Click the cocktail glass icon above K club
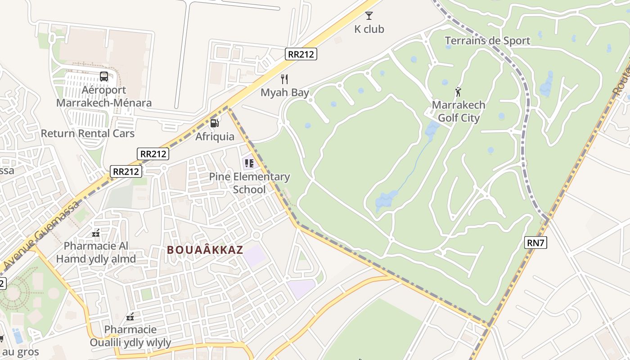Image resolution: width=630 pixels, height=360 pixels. point(369,16)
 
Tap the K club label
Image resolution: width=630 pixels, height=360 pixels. point(369,29)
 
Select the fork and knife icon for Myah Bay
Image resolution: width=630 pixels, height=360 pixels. point(284,79)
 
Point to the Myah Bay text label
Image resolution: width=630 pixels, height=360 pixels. point(285,93)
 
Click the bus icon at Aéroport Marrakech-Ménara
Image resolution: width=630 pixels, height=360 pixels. point(104,76)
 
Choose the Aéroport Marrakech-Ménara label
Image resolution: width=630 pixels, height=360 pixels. point(104,96)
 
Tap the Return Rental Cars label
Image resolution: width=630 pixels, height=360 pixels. point(88,133)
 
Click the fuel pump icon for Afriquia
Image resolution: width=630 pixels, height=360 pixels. point(215,123)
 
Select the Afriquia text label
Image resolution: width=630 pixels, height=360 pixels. point(215,136)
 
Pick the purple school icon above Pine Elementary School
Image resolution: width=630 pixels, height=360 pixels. point(249,162)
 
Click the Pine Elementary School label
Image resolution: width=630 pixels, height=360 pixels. point(249,183)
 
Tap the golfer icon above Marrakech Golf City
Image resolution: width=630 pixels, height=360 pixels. point(459,92)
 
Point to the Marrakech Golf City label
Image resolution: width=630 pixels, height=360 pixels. point(459,112)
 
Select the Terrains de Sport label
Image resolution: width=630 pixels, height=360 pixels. point(487,41)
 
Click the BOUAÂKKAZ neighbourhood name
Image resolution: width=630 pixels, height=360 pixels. point(205,250)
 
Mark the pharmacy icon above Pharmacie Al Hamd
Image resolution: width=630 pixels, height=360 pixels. point(96,233)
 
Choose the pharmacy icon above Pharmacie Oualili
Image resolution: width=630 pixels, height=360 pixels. point(130,317)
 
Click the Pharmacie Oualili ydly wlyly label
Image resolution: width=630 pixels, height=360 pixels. point(130,336)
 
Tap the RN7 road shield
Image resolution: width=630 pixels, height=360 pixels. point(535,243)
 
